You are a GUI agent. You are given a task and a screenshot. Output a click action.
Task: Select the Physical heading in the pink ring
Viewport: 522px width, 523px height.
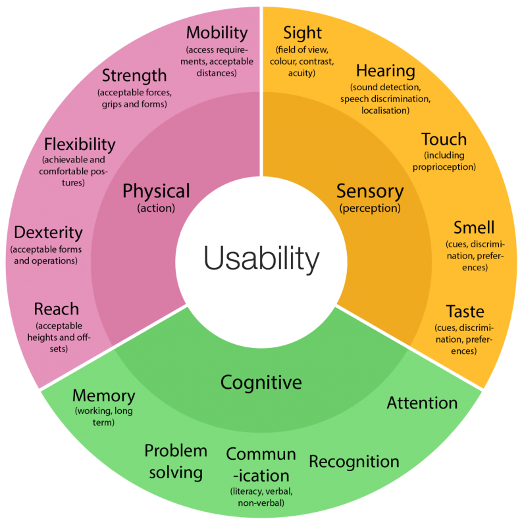156,191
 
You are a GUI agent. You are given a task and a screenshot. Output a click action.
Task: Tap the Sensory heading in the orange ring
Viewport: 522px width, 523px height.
369,191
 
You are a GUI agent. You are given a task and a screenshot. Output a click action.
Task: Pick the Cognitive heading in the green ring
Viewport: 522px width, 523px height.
261,382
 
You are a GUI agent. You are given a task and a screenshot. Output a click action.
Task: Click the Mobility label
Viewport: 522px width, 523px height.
217,32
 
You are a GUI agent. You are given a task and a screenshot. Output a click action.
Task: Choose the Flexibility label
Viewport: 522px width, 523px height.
80,144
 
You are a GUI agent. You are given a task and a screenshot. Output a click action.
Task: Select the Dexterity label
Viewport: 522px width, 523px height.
48,232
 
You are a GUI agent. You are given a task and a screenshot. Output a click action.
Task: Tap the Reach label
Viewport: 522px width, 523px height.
56,309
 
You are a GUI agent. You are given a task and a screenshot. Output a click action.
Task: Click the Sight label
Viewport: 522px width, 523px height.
302,32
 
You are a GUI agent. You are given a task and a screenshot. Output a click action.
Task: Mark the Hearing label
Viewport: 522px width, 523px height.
386,71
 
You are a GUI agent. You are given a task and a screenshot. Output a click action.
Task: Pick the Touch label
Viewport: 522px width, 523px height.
444,139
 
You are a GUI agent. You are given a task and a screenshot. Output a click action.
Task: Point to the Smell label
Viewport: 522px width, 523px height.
473,228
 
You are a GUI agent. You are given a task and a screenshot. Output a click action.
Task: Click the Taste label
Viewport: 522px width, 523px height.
465,311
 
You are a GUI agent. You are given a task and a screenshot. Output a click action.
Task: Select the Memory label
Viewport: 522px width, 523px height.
103,396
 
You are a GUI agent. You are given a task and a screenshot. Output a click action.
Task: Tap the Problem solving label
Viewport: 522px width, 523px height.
176,461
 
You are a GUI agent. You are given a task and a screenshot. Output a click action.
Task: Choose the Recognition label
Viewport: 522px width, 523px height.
354,462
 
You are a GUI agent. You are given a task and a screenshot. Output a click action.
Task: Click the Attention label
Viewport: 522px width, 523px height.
422,403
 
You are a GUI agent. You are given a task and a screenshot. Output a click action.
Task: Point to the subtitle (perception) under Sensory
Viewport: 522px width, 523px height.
369,209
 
